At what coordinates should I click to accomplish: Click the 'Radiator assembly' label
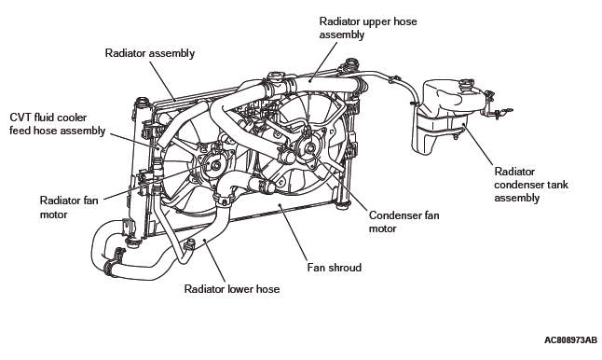pyautogui.click(x=150, y=53)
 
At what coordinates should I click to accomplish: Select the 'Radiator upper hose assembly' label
pyautogui.click(x=368, y=28)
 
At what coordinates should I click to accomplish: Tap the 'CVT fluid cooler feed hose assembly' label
pyautogui.click(x=57, y=124)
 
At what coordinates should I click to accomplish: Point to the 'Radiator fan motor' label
pyautogui.click(x=69, y=207)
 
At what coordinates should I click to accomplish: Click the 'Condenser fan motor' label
pyautogui.click(x=404, y=222)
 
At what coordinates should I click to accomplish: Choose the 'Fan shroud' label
pyautogui.click(x=335, y=268)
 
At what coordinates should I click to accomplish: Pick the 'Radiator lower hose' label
pyautogui.click(x=232, y=289)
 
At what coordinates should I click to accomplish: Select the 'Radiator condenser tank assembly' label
pyautogui.click(x=531, y=185)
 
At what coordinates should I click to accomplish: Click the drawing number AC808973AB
pyautogui.click(x=570, y=340)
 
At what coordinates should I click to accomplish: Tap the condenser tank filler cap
pyautogui.click(x=467, y=84)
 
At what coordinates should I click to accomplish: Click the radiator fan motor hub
pyautogui.click(x=216, y=166)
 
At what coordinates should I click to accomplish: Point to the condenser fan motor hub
pyautogui.click(x=310, y=147)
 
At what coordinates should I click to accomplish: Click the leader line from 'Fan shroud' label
pyautogui.click(x=294, y=233)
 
